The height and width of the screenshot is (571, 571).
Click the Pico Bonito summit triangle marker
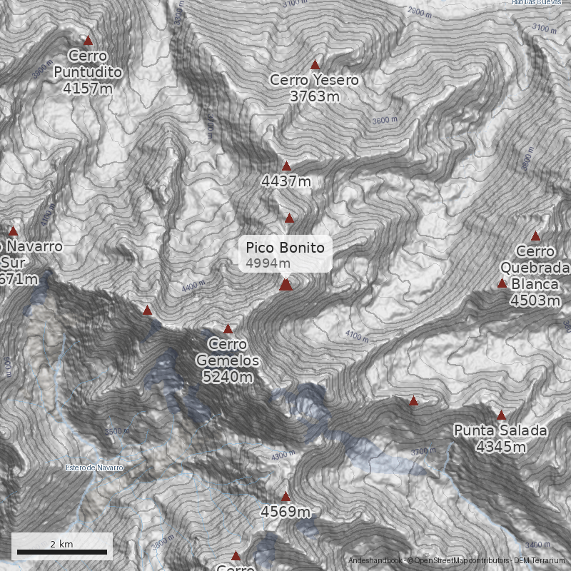point(285,285)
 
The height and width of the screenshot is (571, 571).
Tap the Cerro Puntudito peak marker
point(89,41)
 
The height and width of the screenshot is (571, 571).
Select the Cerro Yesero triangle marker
point(315,65)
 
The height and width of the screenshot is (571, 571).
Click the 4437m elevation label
point(286,181)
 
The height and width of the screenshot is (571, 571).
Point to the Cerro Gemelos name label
point(228,353)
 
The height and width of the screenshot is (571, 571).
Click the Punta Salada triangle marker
point(501,415)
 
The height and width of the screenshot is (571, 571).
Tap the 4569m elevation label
point(285,512)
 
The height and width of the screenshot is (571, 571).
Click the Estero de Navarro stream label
point(94,468)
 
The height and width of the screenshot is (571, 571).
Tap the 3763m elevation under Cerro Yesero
point(315,96)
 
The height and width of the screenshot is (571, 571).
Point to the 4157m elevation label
point(88,89)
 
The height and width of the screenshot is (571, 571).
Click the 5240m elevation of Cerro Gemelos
point(228,376)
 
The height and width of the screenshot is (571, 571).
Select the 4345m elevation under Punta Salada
point(501,447)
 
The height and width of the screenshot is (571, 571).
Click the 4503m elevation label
point(535,300)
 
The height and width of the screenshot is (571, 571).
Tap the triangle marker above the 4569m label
point(285,496)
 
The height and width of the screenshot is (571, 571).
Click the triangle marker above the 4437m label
point(286,166)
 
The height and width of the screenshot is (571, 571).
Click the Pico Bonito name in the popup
point(285,248)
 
